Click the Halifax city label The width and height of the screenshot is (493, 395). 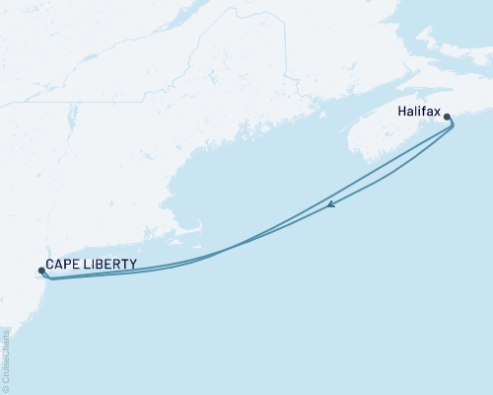point(421,114)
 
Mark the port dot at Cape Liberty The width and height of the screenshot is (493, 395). point(40,269)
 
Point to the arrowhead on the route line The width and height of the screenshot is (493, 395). point(332,205)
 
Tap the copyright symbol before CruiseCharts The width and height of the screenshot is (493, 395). point(6,388)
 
